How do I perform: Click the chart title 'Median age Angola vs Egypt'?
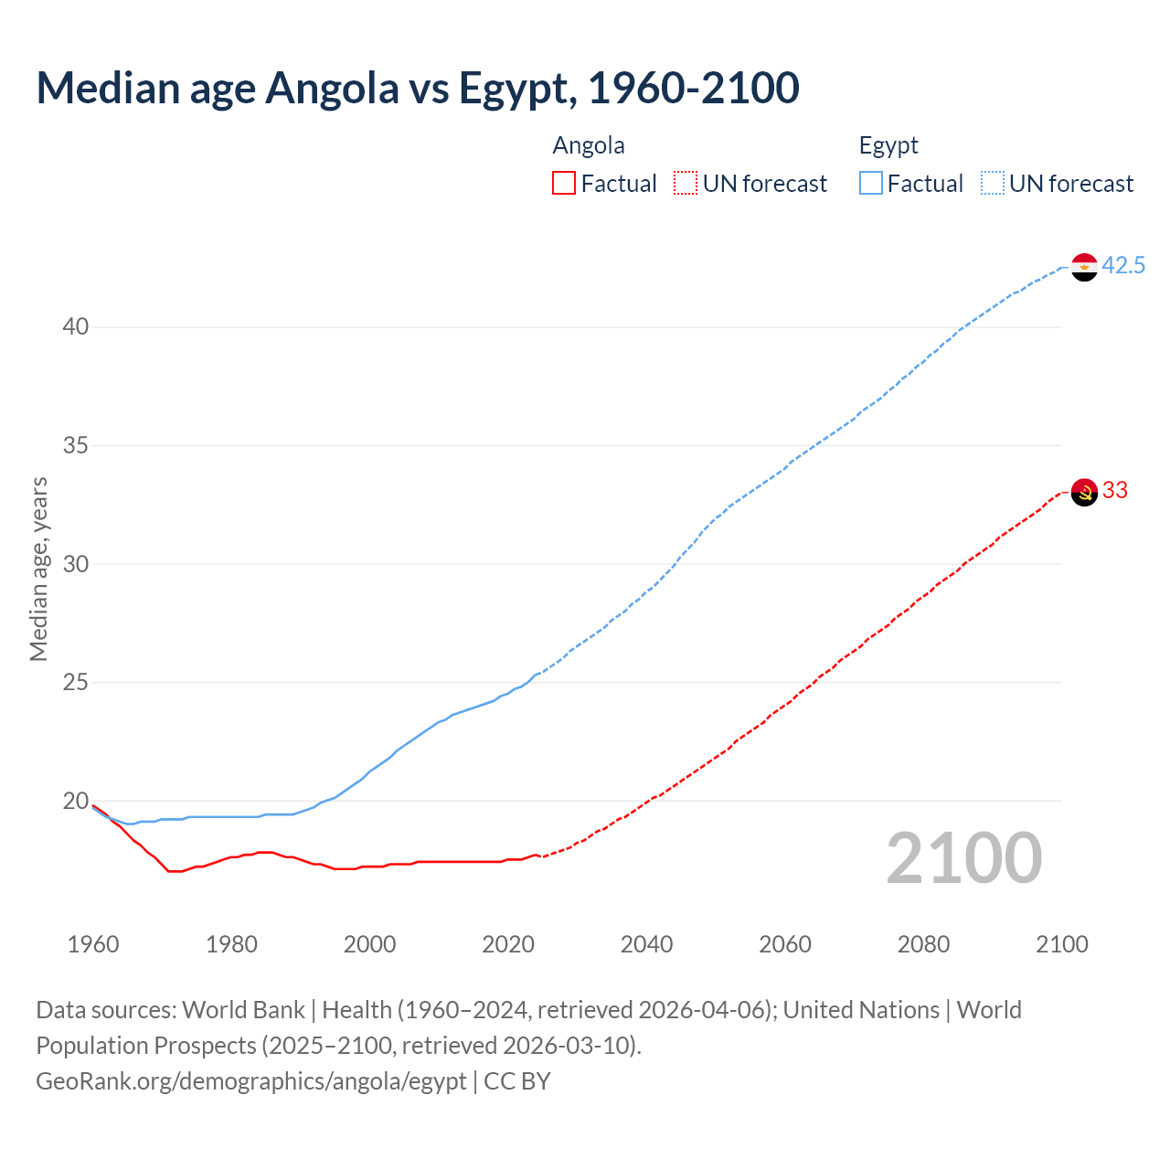coord(417,88)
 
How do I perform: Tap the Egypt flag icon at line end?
coord(1084,267)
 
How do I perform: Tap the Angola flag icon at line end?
coord(1084,492)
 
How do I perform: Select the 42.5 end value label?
coord(1123,266)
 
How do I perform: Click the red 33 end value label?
coord(1115,491)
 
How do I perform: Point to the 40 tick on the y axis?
coord(76,327)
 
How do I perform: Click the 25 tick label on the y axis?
coord(76,683)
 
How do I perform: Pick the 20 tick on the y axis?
coord(76,802)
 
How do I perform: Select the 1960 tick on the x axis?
coord(93,944)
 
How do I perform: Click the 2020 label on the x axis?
coord(508,944)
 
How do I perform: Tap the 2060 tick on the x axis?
coord(785,944)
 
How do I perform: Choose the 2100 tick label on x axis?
coord(1062,944)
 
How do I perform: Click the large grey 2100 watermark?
coord(963,857)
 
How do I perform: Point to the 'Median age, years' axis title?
coord(38,569)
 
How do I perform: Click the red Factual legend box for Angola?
coord(564,184)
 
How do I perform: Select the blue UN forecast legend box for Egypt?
coord(993,184)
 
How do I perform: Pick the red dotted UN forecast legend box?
coord(686,184)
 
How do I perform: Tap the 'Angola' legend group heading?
coord(589,146)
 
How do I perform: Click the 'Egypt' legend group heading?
coord(888,146)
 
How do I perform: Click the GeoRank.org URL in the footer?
coord(251,1081)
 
